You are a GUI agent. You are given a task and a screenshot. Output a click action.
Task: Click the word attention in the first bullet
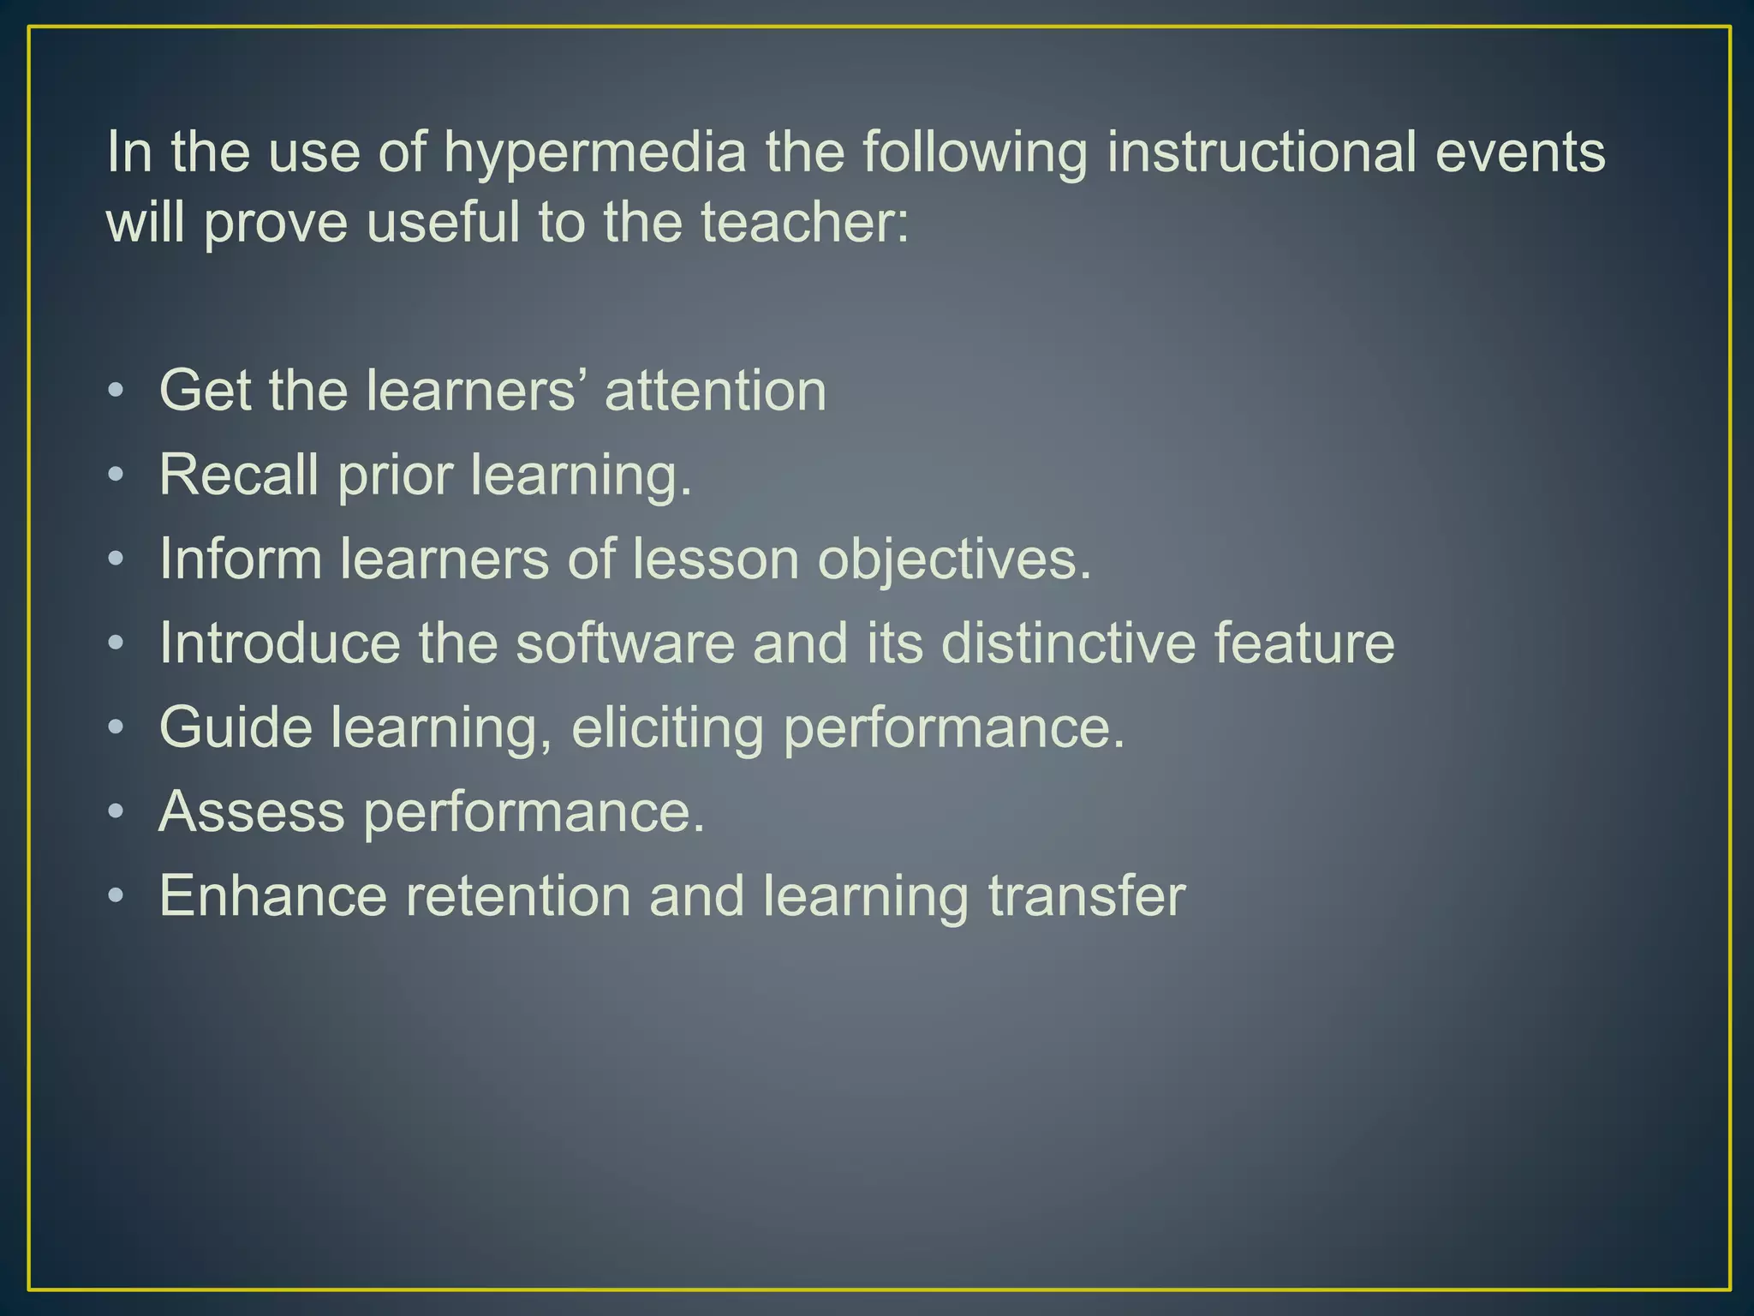pyautogui.click(x=716, y=391)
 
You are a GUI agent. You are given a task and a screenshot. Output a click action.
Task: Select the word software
pyautogui.click(x=625, y=643)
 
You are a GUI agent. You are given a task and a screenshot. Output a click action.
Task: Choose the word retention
pyautogui.click(x=517, y=895)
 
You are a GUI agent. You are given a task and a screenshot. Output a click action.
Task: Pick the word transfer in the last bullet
pyautogui.click(x=1087, y=895)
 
